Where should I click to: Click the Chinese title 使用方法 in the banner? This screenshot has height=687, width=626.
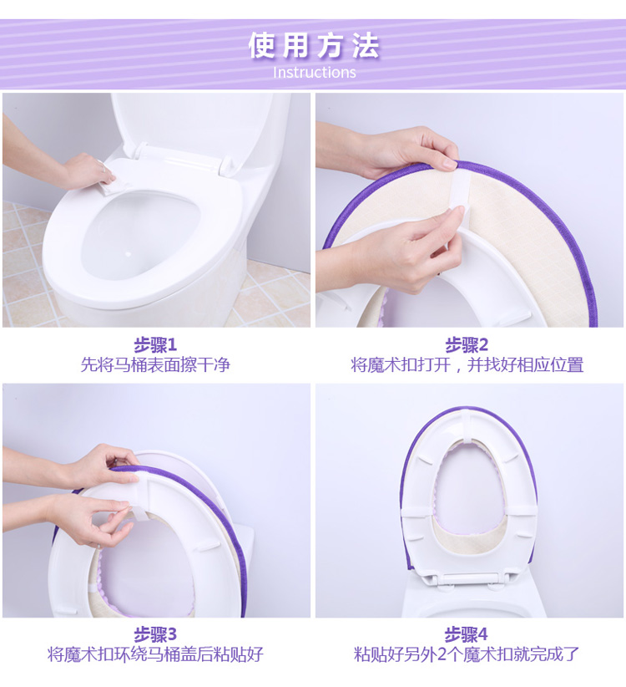(314, 46)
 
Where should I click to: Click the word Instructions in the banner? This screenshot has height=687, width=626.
(314, 72)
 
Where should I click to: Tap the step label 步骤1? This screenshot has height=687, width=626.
(155, 345)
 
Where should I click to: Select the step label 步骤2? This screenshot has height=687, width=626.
(467, 345)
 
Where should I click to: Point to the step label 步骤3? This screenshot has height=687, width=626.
(155, 634)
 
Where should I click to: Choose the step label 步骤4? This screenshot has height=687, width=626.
(467, 634)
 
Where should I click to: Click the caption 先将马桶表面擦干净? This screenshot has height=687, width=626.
(155, 364)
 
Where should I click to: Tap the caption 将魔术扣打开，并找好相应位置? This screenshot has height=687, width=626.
(467, 364)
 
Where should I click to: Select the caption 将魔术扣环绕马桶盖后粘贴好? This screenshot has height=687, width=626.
(155, 654)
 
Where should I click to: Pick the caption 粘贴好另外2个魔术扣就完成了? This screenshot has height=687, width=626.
(467, 654)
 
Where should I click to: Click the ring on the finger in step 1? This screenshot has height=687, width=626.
(103, 167)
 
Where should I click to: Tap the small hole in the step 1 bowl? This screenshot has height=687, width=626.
(128, 254)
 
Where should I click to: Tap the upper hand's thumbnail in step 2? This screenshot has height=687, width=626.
(449, 165)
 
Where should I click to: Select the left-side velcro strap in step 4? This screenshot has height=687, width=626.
(415, 511)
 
